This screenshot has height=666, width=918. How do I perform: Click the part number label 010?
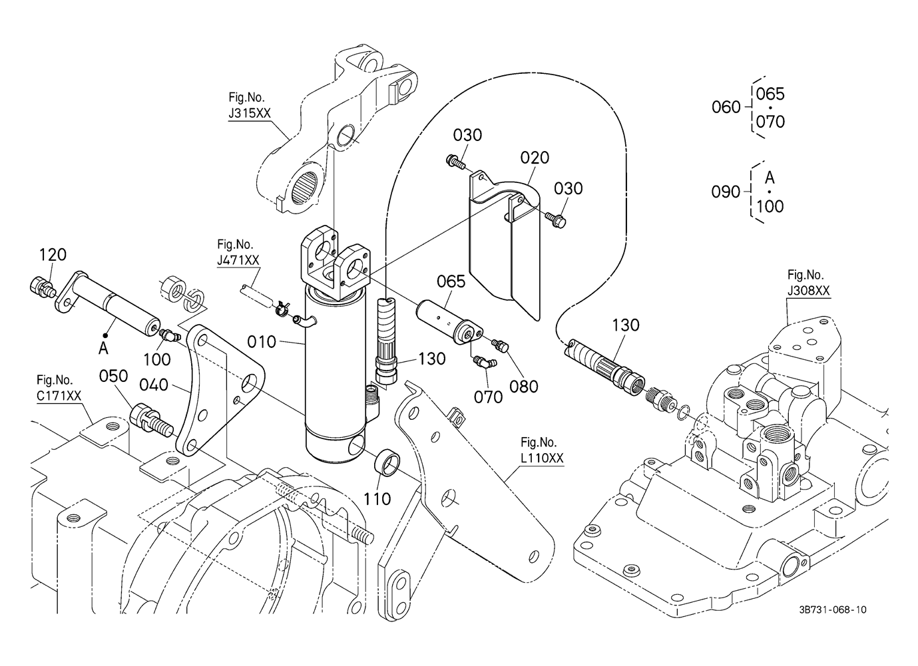(x=261, y=342)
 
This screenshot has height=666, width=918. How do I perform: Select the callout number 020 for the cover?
(x=535, y=158)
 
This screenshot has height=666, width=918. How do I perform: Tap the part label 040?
(x=153, y=385)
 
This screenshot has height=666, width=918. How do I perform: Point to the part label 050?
(x=113, y=377)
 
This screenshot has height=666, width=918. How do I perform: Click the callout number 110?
(x=377, y=498)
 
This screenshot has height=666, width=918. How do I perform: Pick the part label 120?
(x=53, y=255)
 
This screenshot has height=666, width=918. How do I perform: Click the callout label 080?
(x=524, y=386)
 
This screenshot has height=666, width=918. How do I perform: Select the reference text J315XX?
(x=249, y=113)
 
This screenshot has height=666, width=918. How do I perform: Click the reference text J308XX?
(x=808, y=291)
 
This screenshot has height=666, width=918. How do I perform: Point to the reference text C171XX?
(x=59, y=396)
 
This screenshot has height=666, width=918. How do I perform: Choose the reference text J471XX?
(x=238, y=260)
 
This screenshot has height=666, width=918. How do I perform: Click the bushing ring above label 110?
(x=389, y=463)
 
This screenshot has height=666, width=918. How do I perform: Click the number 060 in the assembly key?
(x=726, y=107)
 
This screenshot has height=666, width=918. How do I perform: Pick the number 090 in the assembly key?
(x=726, y=192)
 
